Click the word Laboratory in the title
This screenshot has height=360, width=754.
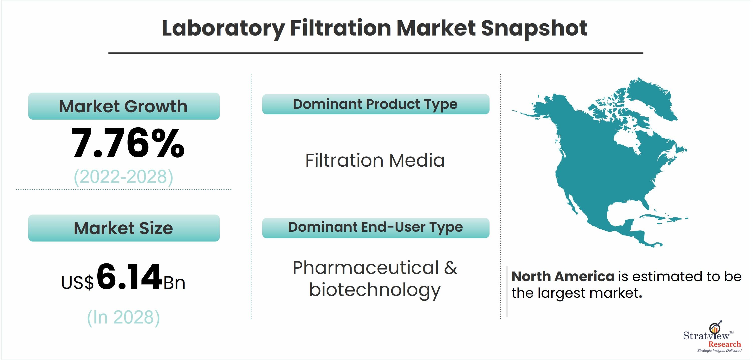[x=223, y=29]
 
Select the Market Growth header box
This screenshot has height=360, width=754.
[x=124, y=106]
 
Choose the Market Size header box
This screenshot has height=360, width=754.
[x=124, y=228]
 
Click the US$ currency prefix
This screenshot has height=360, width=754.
[x=77, y=282]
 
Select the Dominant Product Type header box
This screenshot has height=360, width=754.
[x=376, y=104]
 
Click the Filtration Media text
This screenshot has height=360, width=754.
[x=375, y=160]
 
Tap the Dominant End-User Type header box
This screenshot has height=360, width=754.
[x=376, y=228]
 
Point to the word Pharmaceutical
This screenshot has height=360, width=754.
[x=366, y=267]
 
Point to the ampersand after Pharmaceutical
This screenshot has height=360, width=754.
[x=450, y=268]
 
